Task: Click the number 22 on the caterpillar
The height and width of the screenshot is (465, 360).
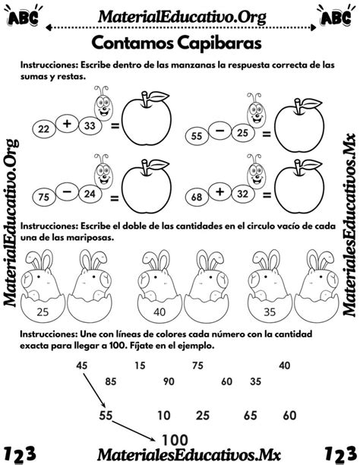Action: (x=43, y=129)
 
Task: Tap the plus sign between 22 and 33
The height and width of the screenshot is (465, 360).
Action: (x=68, y=124)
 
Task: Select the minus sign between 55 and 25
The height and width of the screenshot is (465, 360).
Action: (x=220, y=130)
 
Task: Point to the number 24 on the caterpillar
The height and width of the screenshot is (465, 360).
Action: (x=90, y=194)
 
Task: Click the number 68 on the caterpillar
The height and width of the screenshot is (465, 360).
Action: (x=196, y=197)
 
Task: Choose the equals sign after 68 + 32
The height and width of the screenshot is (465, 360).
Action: (x=267, y=195)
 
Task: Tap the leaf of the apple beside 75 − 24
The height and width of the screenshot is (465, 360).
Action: (x=159, y=164)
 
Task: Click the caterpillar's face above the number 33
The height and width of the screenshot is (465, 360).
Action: (x=103, y=108)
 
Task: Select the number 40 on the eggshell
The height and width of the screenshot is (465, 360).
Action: (x=159, y=312)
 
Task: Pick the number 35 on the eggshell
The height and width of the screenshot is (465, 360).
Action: (x=270, y=312)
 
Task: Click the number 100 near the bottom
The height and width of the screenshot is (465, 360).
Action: (x=175, y=440)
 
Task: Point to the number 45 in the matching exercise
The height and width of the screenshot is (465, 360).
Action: (x=81, y=365)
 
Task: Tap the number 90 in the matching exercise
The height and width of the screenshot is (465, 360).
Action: (x=169, y=381)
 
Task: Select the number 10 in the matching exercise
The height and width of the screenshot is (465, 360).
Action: (x=164, y=416)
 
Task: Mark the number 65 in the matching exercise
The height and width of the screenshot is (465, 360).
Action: (x=250, y=416)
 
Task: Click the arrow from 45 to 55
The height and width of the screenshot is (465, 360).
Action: (x=94, y=391)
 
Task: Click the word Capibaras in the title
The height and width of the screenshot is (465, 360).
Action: (x=219, y=43)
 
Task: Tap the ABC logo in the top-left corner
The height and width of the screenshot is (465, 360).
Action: (x=23, y=16)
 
